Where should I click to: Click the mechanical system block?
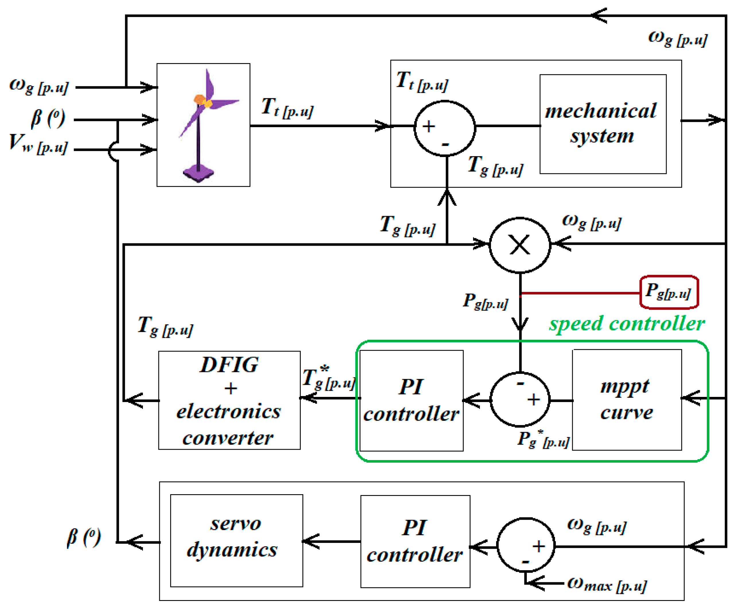coord(603,124)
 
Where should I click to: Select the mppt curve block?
coord(627,400)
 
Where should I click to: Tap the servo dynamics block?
coord(236,541)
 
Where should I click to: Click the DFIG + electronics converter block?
coord(229,400)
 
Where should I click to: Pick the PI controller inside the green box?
coord(411,400)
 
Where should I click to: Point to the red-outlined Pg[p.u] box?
coord(669,292)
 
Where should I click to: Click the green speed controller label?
coord(627,323)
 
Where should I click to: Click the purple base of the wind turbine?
coord(198,174)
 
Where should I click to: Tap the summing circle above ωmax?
coord(526,545)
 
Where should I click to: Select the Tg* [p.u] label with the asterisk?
coord(329,378)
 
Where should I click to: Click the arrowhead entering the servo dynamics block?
coord(310,541)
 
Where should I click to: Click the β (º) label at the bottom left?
coord(83,538)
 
